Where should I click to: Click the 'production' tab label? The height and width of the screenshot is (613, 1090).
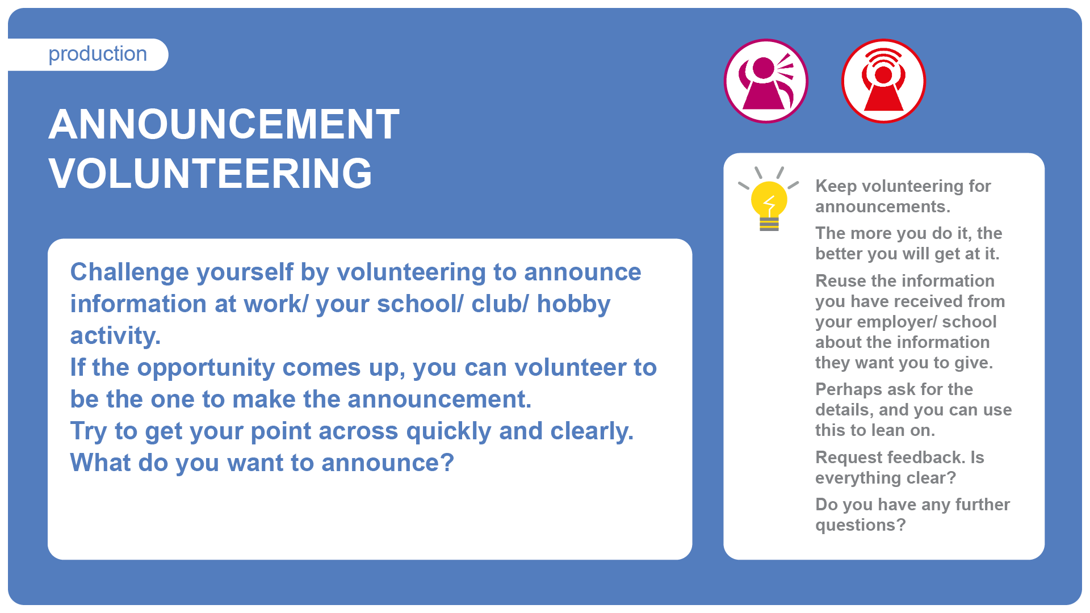(x=98, y=54)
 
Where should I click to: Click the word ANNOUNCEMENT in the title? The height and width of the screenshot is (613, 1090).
(x=224, y=124)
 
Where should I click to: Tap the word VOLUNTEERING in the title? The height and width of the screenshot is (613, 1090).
(x=211, y=174)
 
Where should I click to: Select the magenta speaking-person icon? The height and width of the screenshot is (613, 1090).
(x=766, y=81)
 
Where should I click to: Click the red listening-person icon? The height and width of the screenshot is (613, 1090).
(x=883, y=81)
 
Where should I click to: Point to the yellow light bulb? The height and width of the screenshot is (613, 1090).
(x=769, y=199)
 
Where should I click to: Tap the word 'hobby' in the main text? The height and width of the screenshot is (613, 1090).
(x=573, y=305)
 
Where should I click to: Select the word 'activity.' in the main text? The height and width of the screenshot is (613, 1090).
(x=115, y=337)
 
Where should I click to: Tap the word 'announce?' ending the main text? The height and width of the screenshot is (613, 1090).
(x=388, y=463)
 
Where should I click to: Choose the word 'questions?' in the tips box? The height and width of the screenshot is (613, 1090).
(x=861, y=526)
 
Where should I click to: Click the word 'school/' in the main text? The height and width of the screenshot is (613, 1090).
(x=420, y=305)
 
